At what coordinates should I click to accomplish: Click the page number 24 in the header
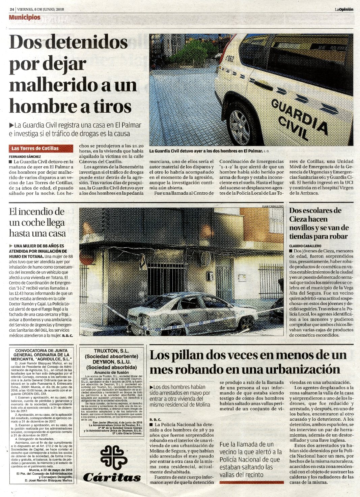(12, 9)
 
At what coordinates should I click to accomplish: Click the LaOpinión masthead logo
(344, 9)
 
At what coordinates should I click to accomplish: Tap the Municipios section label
(25, 17)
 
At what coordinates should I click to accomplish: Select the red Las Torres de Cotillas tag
(41, 148)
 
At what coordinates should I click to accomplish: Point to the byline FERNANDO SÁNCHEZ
(25, 157)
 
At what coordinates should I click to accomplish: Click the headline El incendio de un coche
(37, 222)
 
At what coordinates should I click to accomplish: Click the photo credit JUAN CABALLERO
(272, 206)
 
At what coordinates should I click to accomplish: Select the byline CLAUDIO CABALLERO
(305, 246)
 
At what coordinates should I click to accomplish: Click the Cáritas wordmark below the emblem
(112, 477)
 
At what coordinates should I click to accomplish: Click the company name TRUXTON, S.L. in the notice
(111, 351)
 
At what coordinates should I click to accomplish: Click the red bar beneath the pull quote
(251, 482)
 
